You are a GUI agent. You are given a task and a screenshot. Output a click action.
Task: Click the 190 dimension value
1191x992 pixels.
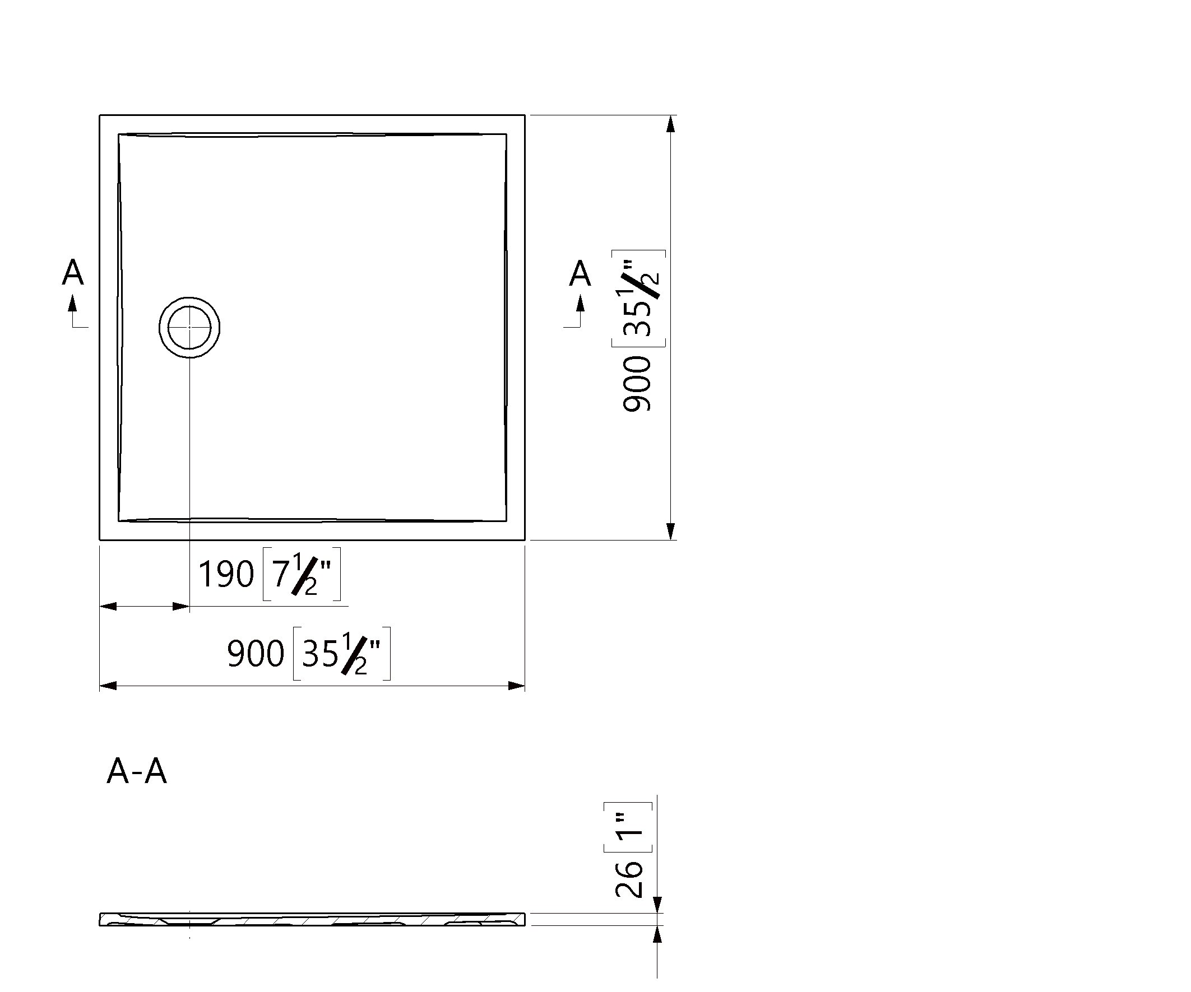226,574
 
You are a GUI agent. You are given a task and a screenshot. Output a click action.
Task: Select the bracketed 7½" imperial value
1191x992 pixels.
302,574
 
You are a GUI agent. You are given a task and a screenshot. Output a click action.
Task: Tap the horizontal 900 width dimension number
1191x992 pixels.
255,654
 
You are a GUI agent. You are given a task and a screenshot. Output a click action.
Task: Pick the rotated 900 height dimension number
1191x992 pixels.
637,383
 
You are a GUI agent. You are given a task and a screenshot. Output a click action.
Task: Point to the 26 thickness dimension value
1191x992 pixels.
629,879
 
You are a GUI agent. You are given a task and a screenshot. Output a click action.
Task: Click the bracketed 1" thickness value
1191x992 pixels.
628,827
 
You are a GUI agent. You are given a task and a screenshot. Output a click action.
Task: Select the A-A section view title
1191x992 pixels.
137,771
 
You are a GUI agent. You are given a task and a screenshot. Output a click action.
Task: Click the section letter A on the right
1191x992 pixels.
580,273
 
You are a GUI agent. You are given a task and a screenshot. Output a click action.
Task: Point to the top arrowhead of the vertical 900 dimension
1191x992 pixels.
670,124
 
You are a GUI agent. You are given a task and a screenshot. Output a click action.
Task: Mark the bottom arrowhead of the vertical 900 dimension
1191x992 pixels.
670,531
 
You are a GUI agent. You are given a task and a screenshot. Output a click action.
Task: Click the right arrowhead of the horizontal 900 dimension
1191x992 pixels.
516,686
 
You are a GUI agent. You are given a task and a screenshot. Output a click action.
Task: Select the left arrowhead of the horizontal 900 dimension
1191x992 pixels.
108,686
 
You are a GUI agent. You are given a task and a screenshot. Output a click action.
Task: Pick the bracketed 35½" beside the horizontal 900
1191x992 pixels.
342,654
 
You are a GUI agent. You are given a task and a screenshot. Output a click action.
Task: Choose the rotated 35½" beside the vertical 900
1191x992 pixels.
638,298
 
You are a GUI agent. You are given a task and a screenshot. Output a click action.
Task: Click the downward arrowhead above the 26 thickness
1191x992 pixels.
657,905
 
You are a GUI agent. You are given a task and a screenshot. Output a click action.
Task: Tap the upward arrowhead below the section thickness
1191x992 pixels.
657,934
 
